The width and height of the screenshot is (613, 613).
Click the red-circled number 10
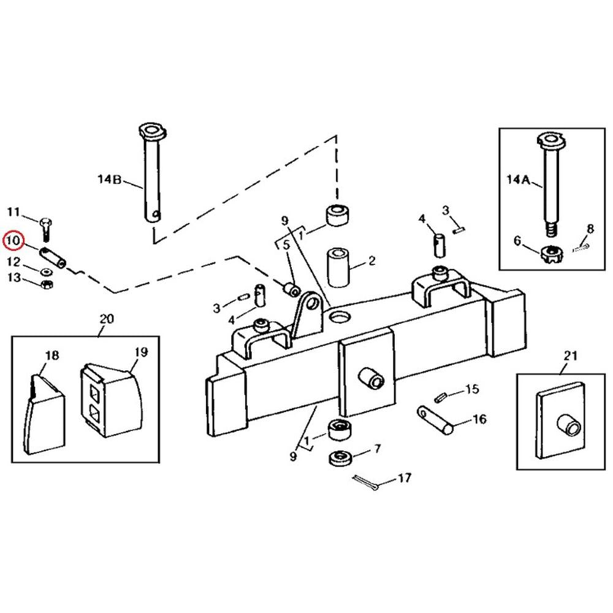point(13,240)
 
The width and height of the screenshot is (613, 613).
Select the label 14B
point(110,180)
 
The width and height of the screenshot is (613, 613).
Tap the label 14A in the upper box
point(519,180)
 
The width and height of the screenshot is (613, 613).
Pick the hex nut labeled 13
point(47,284)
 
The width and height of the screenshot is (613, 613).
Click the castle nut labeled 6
point(550,254)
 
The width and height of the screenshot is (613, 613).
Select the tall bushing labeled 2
point(338,267)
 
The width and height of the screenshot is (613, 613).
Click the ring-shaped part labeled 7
point(341,458)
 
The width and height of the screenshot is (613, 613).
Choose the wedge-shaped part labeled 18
point(44,414)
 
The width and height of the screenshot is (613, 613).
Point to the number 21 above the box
point(570,356)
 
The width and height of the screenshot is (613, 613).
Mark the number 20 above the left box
point(106,319)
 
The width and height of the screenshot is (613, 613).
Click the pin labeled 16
point(435,420)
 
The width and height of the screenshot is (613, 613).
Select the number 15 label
point(472,389)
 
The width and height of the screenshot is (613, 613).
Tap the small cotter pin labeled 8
point(581,247)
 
